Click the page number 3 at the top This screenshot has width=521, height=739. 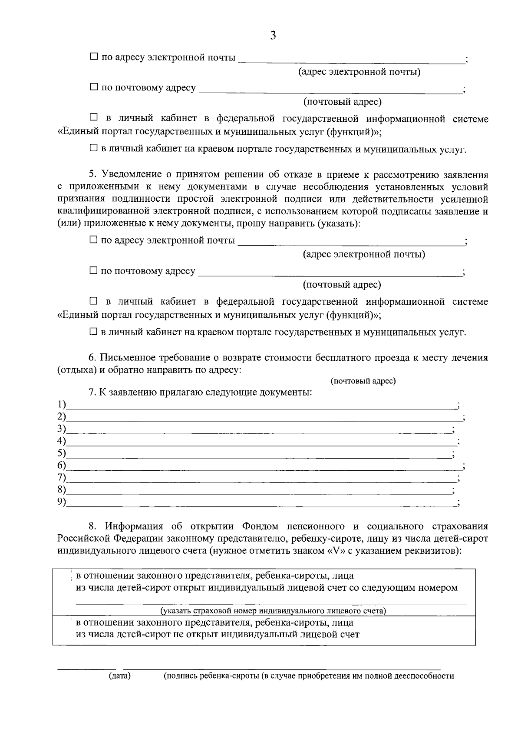tap(273, 36)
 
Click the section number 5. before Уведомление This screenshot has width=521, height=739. tap(93, 175)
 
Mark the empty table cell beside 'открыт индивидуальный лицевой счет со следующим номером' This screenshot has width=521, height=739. tap(61, 592)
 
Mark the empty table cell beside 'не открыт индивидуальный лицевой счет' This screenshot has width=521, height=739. tap(61, 630)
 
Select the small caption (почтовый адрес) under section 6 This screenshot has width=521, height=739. tap(363, 381)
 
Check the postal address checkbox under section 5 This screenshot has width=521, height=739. tap(94, 271)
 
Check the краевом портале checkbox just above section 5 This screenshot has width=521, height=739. tap(94, 148)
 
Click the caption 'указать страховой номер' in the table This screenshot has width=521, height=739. tap(273, 611)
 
